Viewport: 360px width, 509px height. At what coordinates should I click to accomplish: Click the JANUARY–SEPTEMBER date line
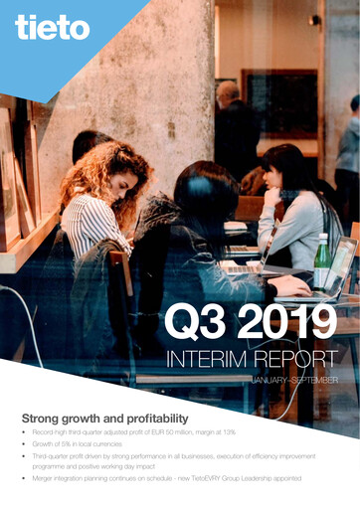[294, 381]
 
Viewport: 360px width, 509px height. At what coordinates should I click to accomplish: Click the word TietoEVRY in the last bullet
[222, 481]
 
